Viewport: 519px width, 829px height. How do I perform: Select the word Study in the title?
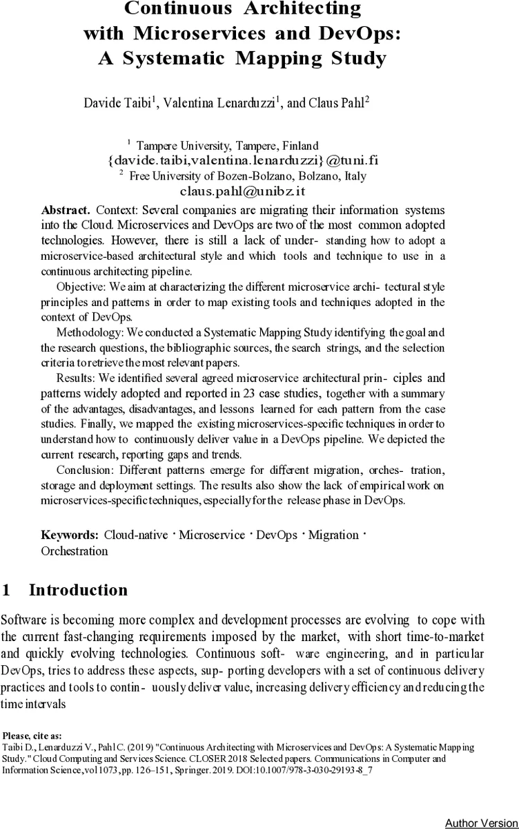[x=355, y=59]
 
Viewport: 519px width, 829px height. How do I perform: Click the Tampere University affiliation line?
[x=227, y=146]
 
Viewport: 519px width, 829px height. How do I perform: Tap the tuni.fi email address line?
[x=242, y=160]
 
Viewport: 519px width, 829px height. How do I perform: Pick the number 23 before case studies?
[x=250, y=394]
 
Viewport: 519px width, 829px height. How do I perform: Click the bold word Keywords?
[x=69, y=535]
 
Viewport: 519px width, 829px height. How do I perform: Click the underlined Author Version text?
[x=481, y=823]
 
